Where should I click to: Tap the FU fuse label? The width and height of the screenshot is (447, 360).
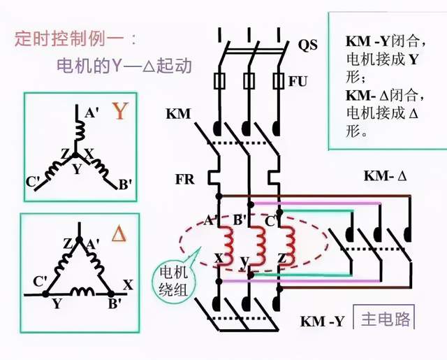tap(298, 81)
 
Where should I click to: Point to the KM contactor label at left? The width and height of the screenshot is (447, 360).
tap(178, 113)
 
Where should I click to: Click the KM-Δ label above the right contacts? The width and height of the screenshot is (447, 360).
tap(384, 175)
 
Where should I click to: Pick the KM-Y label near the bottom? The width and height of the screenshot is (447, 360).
tap(322, 322)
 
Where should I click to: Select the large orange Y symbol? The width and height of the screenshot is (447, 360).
tap(121, 111)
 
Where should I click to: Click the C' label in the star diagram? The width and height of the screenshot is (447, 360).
tap(33, 183)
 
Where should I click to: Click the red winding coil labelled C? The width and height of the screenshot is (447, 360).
tap(284, 240)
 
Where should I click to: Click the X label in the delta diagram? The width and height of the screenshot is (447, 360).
tap(128, 285)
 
